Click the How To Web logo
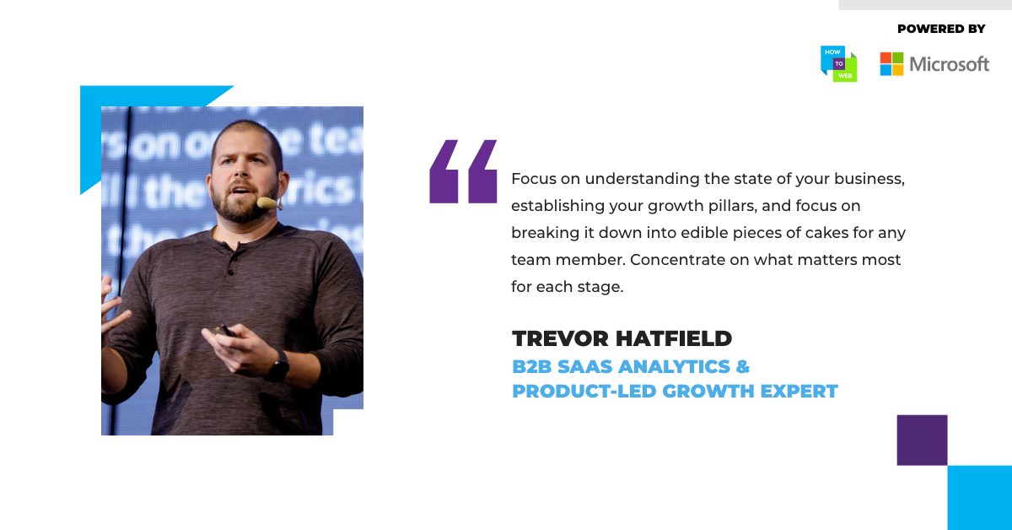click(839, 64)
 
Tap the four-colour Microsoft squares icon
click(892, 64)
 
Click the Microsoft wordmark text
click(950, 64)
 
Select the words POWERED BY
click(941, 29)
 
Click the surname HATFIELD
click(674, 338)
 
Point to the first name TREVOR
click(560, 338)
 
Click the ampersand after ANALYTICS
click(743, 366)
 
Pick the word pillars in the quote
click(732, 206)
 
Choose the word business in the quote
click(869, 179)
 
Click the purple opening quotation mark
click(463, 171)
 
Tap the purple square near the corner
click(922, 440)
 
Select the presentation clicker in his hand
click(224, 331)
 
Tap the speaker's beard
click(243, 203)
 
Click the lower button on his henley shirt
click(231, 273)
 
